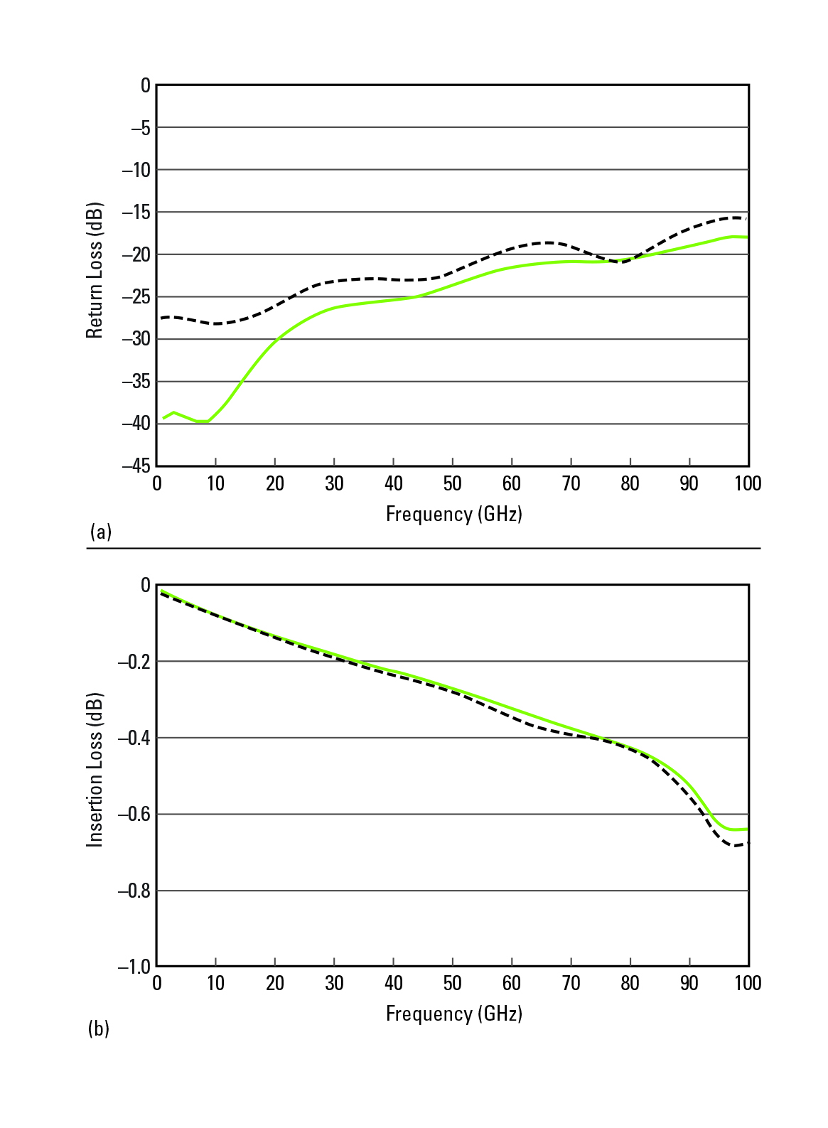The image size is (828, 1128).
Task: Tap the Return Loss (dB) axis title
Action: tap(95, 271)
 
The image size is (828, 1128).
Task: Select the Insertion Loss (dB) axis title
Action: tap(95, 770)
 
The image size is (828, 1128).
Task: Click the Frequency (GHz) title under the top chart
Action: tap(453, 514)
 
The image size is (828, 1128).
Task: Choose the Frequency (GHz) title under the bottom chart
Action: tap(453, 1014)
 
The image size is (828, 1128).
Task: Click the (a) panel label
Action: tap(100, 532)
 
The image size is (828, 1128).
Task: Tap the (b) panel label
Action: tap(99, 1028)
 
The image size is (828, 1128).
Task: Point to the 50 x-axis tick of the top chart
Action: tap(452, 484)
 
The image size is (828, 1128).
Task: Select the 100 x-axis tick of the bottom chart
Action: tap(747, 984)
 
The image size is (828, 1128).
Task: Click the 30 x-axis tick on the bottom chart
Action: tap(334, 984)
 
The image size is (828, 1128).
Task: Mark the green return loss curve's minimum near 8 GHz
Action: tap(203, 421)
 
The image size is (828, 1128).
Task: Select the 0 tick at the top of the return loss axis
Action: tap(146, 85)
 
